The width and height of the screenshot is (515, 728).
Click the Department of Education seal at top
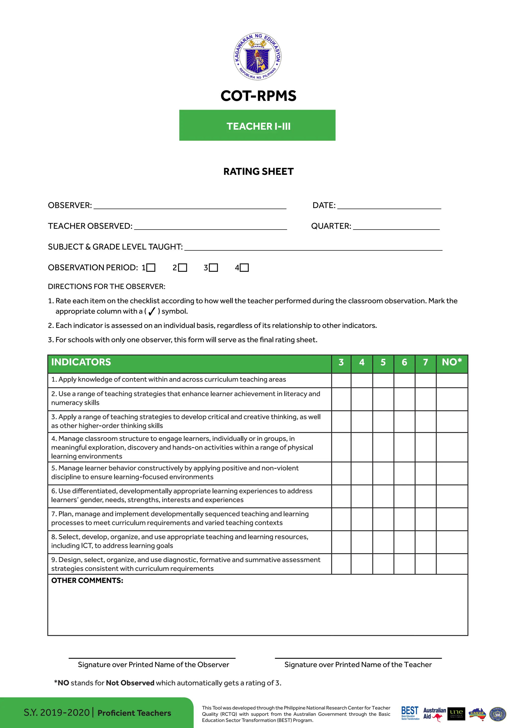click(x=257, y=57)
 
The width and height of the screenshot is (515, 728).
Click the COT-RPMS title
click(x=258, y=96)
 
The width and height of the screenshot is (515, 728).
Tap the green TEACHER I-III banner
click(x=257, y=125)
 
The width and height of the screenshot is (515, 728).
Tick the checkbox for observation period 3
click(x=214, y=268)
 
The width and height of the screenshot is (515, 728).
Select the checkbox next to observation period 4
click(x=244, y=268)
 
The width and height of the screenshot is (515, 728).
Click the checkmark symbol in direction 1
click(x=152, y=311)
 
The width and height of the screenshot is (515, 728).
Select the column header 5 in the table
click(x=383, y=362)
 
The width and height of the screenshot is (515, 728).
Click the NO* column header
click(x=452, y=362)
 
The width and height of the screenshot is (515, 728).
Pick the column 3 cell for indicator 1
click(x=341, y=380)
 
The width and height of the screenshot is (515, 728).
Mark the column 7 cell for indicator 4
click(x=425, y=447)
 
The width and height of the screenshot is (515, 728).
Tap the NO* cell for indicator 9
click(x=452, y=564)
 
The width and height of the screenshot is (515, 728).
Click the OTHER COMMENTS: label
click(x=87, y=580)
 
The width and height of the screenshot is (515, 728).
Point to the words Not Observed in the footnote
click(x=130, y=683)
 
